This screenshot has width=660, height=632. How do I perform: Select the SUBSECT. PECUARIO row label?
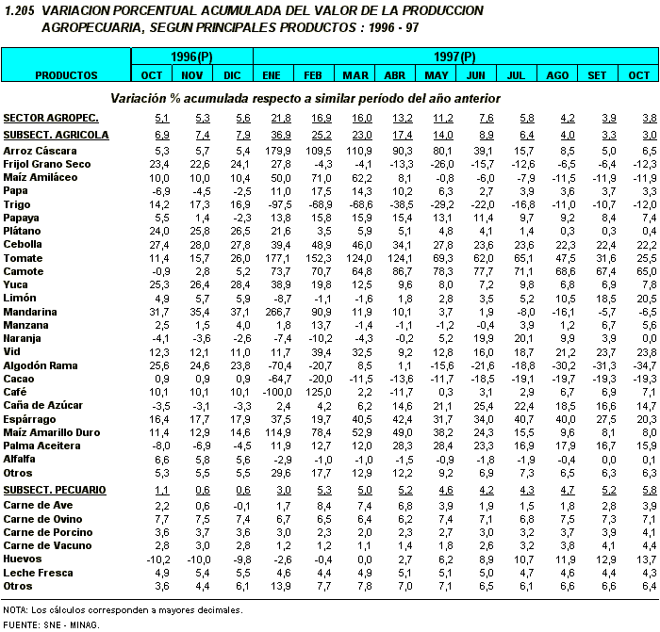tap(55, 490)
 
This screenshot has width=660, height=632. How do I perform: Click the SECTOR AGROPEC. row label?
tap(51, 118)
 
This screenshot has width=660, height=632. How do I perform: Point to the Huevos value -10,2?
tap(155, 559)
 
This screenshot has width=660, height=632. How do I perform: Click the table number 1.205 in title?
tap(20, 9)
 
